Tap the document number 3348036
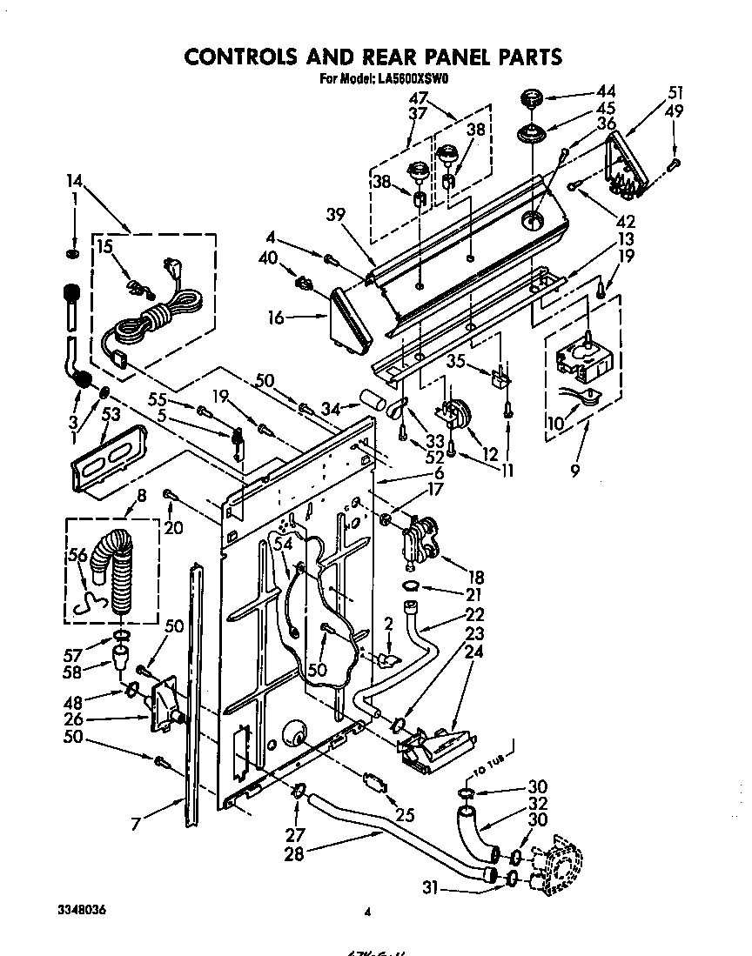tap(84, 909)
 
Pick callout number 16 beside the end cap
tap(275, 319)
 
